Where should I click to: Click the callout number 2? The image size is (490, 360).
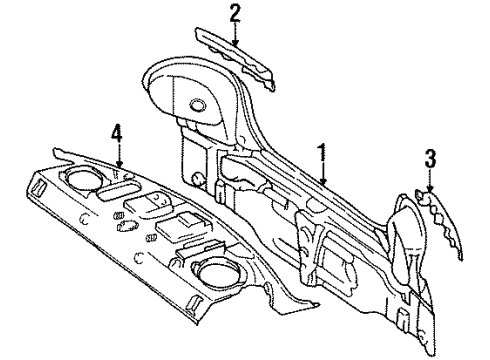[x=235, y=13]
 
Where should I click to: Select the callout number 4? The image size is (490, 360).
[x=117, y=132]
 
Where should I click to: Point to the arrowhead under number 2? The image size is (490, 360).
[x=236, y=44]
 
